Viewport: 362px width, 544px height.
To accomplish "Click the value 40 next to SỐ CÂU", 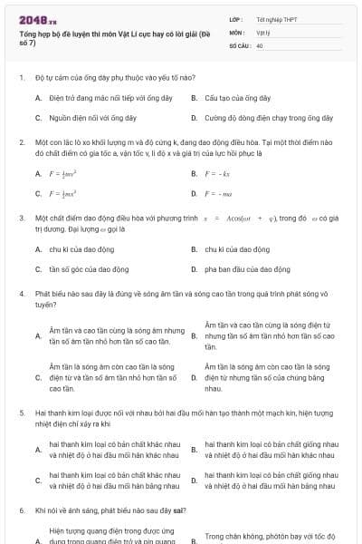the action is point(261,44).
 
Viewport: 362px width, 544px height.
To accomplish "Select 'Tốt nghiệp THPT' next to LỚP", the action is point(275,19).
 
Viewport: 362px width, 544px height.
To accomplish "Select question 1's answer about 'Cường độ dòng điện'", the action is point(269,118).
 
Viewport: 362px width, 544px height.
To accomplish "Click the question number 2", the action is point(20,143).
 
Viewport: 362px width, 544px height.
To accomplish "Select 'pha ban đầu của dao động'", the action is point(247,269).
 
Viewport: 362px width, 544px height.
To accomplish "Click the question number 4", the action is point(20,295).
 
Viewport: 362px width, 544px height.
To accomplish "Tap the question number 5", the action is point(20,412).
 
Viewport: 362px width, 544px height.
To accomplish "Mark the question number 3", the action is point(20,219).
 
